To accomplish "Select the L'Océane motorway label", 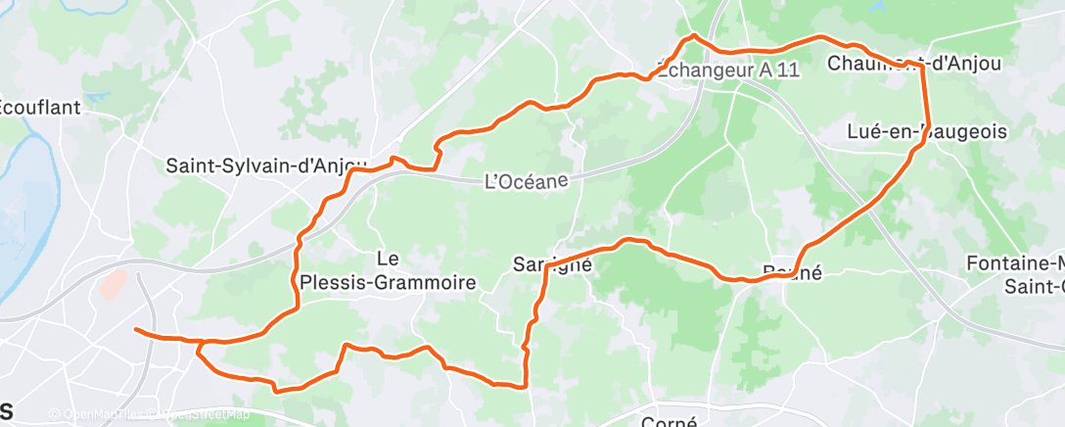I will pos(527,181).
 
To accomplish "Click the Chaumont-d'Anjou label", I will pos(914,64).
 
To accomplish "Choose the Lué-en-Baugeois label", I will pos(927,131).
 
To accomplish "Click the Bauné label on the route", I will pos(792,273).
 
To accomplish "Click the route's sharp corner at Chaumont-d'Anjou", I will pos(924,66).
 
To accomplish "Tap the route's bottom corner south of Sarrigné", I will pos(527,386).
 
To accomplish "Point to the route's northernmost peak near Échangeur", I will pos(694,36).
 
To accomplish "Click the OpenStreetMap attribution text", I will pos(200,414).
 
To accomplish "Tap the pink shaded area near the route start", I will pos(113,285).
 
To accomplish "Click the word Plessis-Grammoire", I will pos(412,283).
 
